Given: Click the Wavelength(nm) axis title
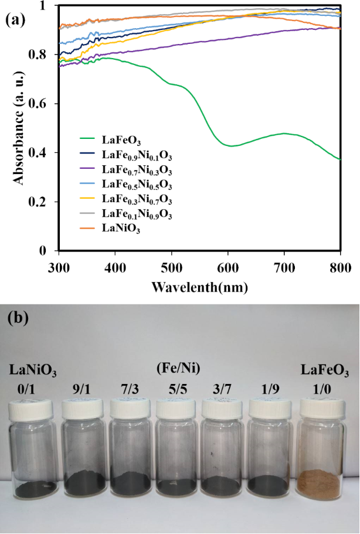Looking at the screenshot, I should click(x=199, y=288).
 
